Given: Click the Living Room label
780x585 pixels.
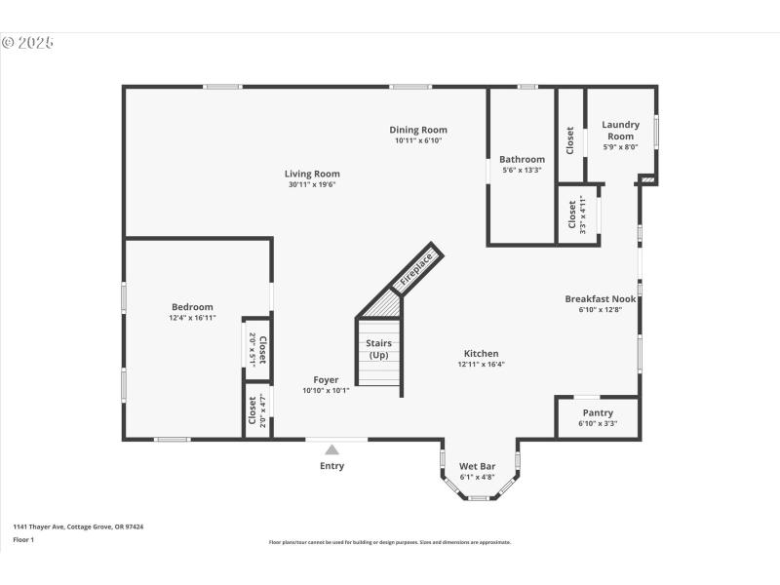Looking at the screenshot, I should (312, 174).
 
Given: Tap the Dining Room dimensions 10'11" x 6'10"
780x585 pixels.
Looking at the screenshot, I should (418, 140).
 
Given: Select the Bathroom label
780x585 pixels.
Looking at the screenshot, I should (522, 159).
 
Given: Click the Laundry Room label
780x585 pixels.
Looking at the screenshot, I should (620, 130).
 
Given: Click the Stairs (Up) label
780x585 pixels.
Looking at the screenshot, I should (378, 349).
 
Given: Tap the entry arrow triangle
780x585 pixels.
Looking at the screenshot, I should (331, 449).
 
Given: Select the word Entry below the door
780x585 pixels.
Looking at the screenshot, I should (331, 466).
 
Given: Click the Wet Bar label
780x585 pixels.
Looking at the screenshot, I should (478, 466).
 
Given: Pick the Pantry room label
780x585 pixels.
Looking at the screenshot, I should (597, 412).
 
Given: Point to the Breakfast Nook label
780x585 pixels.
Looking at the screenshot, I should (601, 299).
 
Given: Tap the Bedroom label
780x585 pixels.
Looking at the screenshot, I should (192, 307).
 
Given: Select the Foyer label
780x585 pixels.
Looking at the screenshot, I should (326, 379).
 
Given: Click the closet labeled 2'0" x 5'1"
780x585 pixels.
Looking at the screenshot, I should (256, 348).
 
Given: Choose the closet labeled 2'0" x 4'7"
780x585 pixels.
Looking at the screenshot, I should (256, 410).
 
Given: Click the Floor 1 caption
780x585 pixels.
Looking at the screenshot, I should (23, 539).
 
